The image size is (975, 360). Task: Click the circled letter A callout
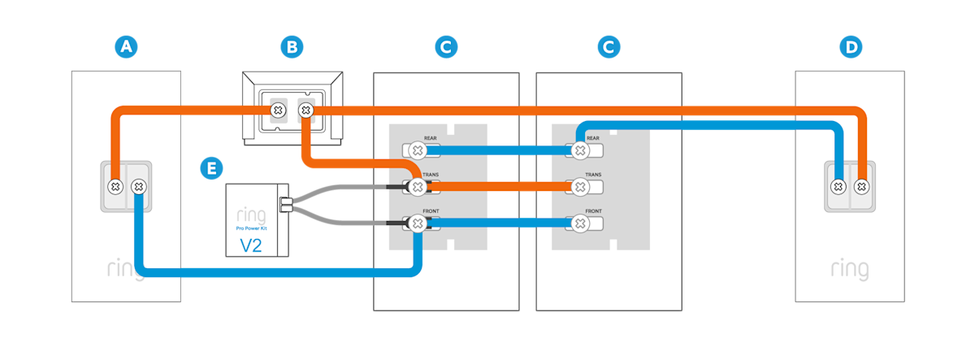point(125,47)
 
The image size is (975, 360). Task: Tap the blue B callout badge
point(291,47)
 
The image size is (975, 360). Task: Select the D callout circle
point(851,47)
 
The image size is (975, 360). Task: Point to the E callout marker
point(211,168)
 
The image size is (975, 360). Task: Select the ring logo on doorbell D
point(849,269)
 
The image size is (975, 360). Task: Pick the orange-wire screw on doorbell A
point(116,187)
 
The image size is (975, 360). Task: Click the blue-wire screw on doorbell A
point(139,187)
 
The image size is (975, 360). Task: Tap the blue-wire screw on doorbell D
point(838,187)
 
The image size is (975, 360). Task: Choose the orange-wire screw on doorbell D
point(861,187)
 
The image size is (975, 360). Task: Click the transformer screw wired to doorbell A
point(278,110)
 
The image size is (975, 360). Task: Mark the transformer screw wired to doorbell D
point(306,110)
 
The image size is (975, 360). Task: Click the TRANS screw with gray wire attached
point(417,188)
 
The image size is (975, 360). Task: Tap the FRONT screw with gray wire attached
point(417,223)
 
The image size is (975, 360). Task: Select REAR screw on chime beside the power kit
point(417,150)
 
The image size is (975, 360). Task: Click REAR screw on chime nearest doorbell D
point(579,150)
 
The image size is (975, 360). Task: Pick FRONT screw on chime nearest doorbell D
point(579,223)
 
